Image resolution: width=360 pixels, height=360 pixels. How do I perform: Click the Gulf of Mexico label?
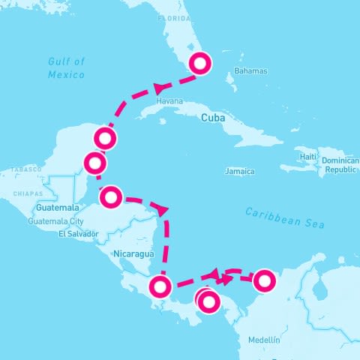point(67,67)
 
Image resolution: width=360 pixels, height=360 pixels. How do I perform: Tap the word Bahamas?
point(250,71)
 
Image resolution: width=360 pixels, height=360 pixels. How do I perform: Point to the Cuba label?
point(214,118)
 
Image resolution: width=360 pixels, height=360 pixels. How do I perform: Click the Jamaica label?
point(239,171)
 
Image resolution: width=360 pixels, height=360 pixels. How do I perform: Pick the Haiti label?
point(307,156)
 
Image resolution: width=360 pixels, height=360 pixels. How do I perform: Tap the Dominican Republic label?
point(340,166)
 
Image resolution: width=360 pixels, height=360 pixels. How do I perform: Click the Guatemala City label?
point(55,222)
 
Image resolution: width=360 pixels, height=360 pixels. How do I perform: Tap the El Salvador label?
point(78,234)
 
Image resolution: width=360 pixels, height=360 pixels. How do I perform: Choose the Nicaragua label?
point(133,254)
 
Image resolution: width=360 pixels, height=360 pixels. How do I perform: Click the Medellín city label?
point(263,340)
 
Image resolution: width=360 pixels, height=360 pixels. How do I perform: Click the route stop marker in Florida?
point(200,63)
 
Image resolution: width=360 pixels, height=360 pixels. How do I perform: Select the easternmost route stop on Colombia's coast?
point(264,281)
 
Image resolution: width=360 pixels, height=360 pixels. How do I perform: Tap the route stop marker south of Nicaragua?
point(161,286)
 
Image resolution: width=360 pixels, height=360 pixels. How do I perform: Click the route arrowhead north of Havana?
point(159,88)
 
